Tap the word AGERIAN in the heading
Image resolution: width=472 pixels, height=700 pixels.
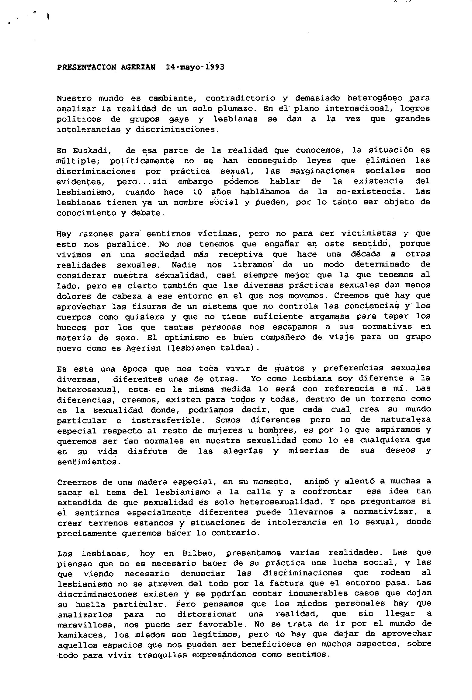click(x=138, y=67)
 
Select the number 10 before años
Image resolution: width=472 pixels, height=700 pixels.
click(x=198, y=192)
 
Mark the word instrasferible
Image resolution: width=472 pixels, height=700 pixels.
click(x=166, y=421)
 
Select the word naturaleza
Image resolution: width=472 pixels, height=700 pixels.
click(x=405, y=420)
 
